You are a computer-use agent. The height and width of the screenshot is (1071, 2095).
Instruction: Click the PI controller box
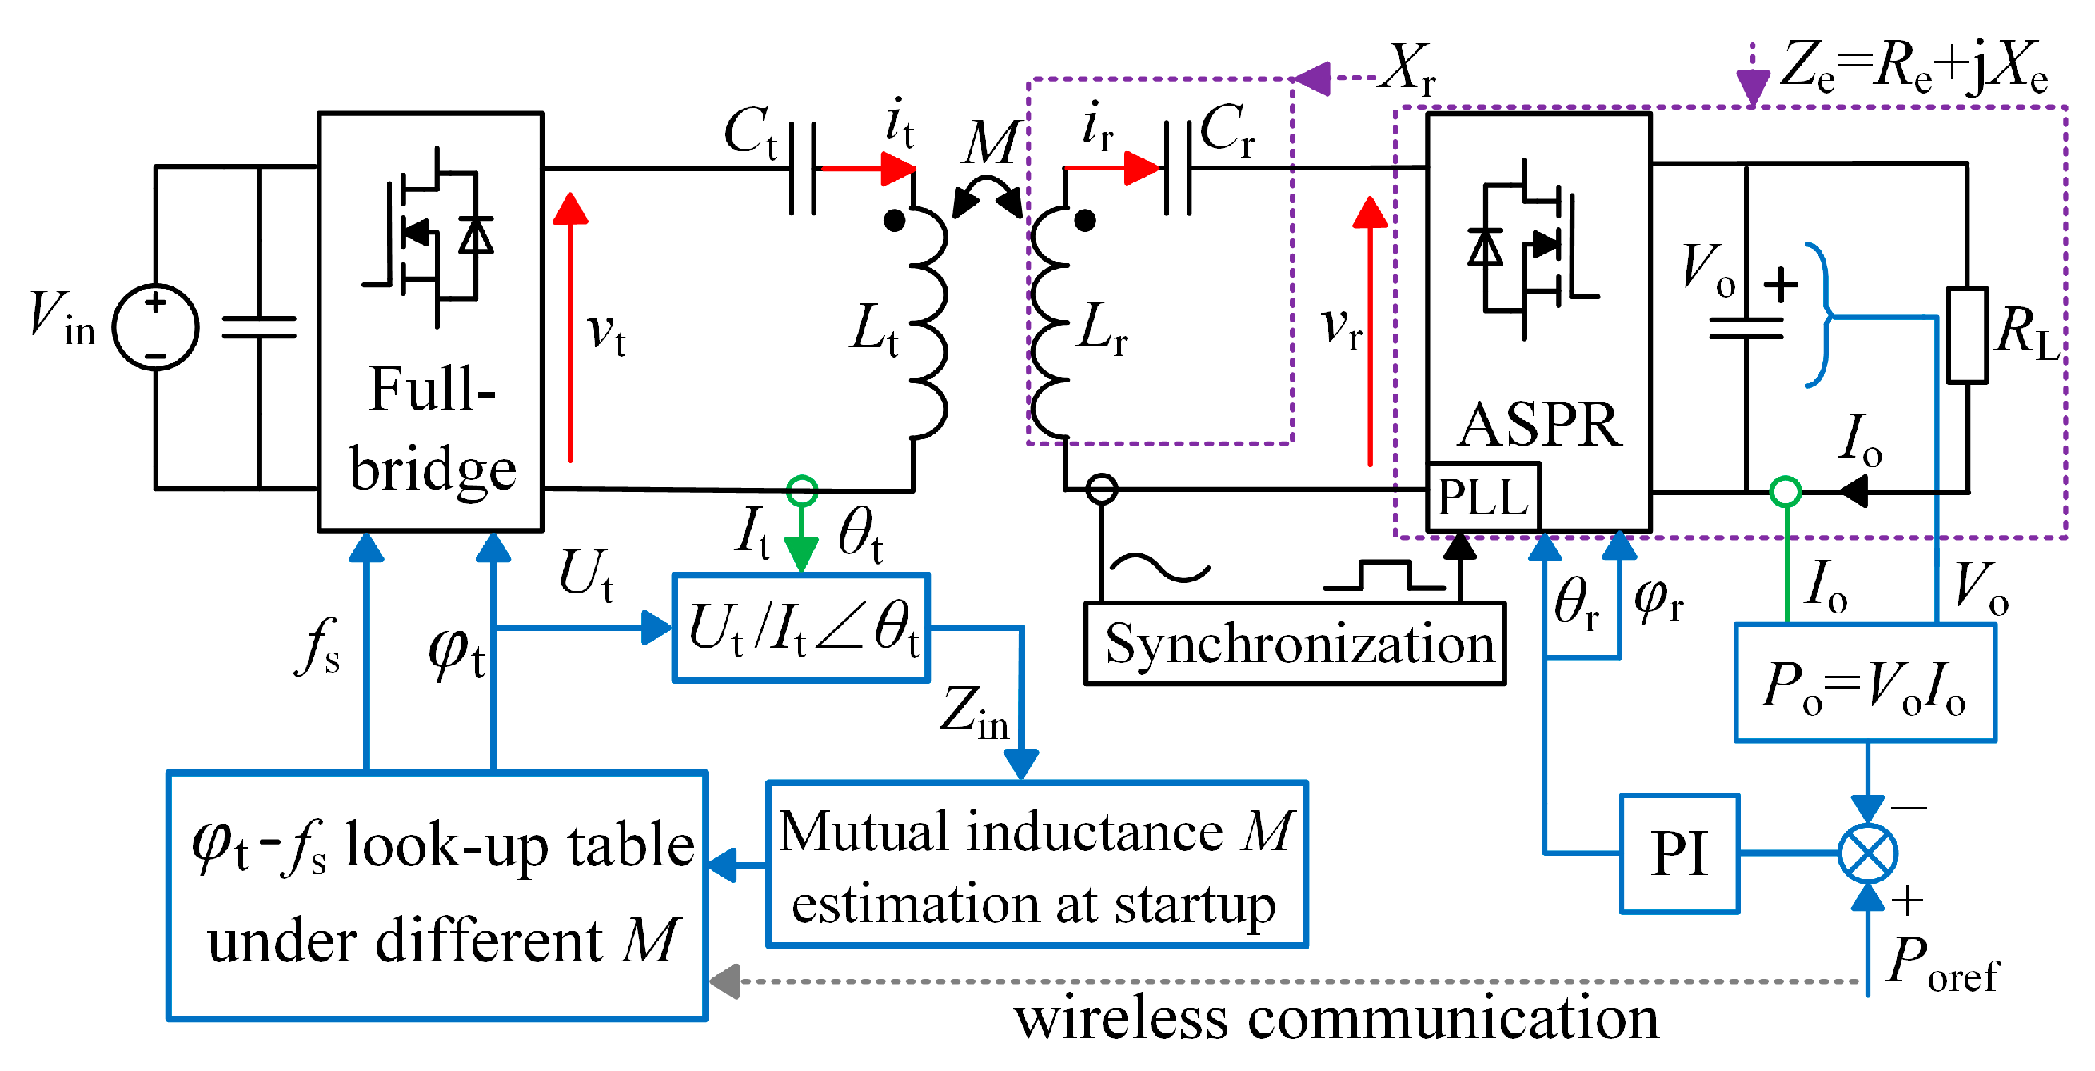(x=1678, y=854)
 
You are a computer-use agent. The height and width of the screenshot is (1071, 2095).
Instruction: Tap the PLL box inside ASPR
(x=1482, y=497)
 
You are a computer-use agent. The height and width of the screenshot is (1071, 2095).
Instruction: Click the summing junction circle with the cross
(x=1867, y=854)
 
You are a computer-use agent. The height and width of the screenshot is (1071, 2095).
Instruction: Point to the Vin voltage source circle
(x=155, y=328)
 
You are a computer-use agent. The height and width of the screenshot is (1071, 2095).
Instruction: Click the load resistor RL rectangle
(x=1966, y=335)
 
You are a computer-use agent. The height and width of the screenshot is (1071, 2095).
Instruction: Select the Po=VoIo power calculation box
(x=1864, y=683)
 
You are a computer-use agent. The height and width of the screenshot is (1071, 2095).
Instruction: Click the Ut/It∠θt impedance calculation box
(x=801, y=628)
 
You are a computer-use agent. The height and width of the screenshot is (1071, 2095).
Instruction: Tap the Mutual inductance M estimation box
(x=1036, y=865)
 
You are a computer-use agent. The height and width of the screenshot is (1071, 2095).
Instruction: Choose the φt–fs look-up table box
(x=437, y=894)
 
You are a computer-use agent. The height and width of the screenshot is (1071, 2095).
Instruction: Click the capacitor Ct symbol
(x=803, y=169)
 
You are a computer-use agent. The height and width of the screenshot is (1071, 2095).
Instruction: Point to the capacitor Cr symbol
(x=1178, y=168)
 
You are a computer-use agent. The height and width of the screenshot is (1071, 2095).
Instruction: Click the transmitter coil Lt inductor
(x=927, y=326)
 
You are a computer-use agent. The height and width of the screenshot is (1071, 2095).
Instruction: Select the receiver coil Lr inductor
(x=1049, y=326)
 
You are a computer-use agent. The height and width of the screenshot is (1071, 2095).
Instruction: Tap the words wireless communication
(x=1335, y=1019)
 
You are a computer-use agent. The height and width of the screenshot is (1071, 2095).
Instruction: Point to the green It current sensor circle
(x=802, y=490)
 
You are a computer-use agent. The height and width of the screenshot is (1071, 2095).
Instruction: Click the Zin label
(x=972, y=714)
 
